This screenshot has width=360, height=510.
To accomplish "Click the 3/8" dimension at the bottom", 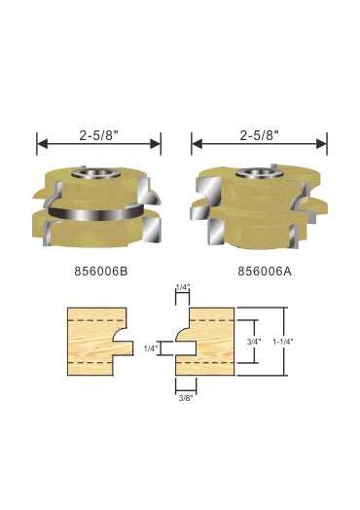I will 184,398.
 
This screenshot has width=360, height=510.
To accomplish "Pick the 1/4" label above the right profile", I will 183,288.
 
